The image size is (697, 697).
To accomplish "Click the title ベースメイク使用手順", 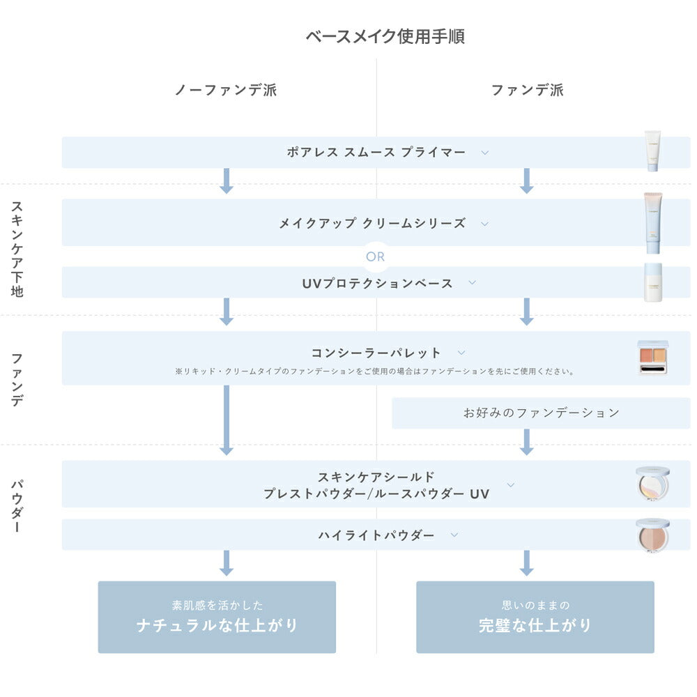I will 385,36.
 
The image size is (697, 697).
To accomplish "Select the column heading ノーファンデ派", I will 226,90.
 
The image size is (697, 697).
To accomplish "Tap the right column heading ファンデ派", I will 527,90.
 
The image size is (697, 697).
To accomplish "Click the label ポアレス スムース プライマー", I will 376,152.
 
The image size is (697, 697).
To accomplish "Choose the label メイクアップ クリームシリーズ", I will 372,224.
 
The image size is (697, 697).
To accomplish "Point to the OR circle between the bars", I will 375,256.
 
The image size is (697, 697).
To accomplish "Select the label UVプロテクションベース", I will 377,283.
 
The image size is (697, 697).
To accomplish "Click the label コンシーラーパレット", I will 376,353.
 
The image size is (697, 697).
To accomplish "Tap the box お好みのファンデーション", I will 541,413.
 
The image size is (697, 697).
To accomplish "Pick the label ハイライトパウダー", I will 376,535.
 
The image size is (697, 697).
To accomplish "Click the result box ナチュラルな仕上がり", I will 217,617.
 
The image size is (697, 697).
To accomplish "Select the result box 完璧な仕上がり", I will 535,617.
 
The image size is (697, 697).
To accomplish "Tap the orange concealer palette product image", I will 653,357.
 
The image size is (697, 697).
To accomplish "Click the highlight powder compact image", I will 652,535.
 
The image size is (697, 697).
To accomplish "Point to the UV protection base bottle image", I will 652,282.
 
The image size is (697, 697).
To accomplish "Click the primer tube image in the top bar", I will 652,151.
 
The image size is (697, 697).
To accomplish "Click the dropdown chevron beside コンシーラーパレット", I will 461,353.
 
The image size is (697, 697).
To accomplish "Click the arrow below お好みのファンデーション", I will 526,442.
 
